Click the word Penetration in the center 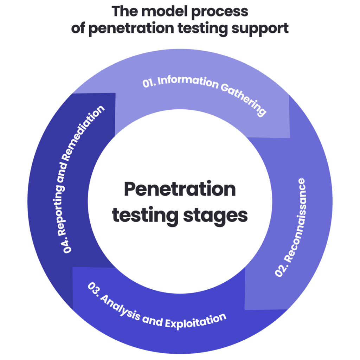[x=180, y=190]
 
